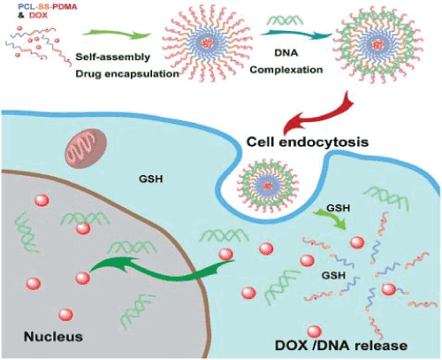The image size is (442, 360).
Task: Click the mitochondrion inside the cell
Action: click(x=87, y=149)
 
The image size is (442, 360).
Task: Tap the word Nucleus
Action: click(x=53, y=336)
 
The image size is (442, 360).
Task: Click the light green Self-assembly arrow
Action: click(x=117, y=34)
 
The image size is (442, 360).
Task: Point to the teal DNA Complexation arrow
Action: click(x=296, y=34)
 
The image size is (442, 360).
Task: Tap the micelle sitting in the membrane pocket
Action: click(x=268, y=186)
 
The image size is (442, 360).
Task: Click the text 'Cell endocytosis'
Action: click(x=308, y=142)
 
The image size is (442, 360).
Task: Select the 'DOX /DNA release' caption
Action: click(x=341, y=346)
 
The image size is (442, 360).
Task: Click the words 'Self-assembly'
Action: click(x=113, y=57)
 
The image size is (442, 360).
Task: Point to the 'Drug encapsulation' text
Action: click(x=127, y=73)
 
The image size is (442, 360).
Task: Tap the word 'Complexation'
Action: click(x=286, y=70)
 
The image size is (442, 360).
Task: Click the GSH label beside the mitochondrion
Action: click(x=151, y=179)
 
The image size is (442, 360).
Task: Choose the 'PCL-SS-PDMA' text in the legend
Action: click(x=47, y=6)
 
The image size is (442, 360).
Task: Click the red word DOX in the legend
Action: click(x=38, y=15)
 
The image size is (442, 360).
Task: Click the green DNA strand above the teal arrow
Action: click(x=286, y=20)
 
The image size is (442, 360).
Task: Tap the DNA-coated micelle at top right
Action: click(x=377, y=45)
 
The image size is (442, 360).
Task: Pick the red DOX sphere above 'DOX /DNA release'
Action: click(x=315, y=332)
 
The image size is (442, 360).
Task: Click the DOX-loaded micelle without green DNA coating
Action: click(x=209, y=43)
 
